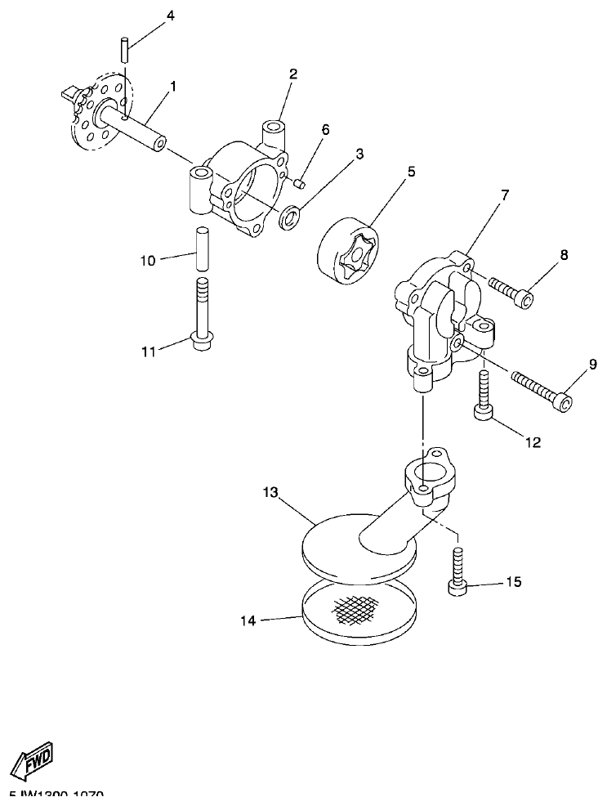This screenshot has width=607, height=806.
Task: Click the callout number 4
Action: (170, 16)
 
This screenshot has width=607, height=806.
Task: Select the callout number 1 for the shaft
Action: (172, 84)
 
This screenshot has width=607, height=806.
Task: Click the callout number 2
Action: (292, 74)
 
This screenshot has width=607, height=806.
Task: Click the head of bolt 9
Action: (561, 401)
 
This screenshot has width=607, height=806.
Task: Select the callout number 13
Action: (271, 493)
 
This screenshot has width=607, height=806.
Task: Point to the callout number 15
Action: (513, 582)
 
